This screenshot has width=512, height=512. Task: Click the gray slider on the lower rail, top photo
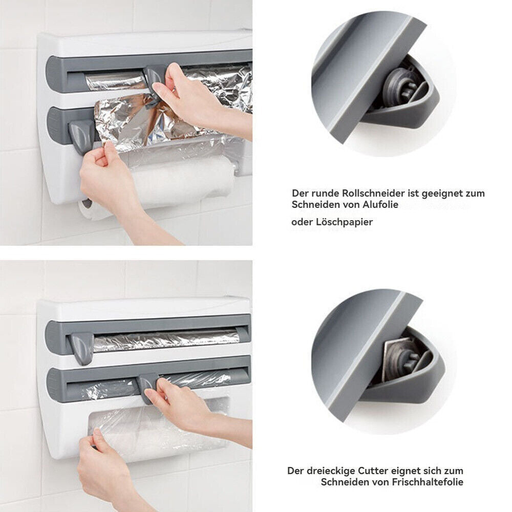81,136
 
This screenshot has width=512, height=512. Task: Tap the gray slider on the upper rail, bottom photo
82,347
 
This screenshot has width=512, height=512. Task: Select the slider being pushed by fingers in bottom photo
147,387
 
